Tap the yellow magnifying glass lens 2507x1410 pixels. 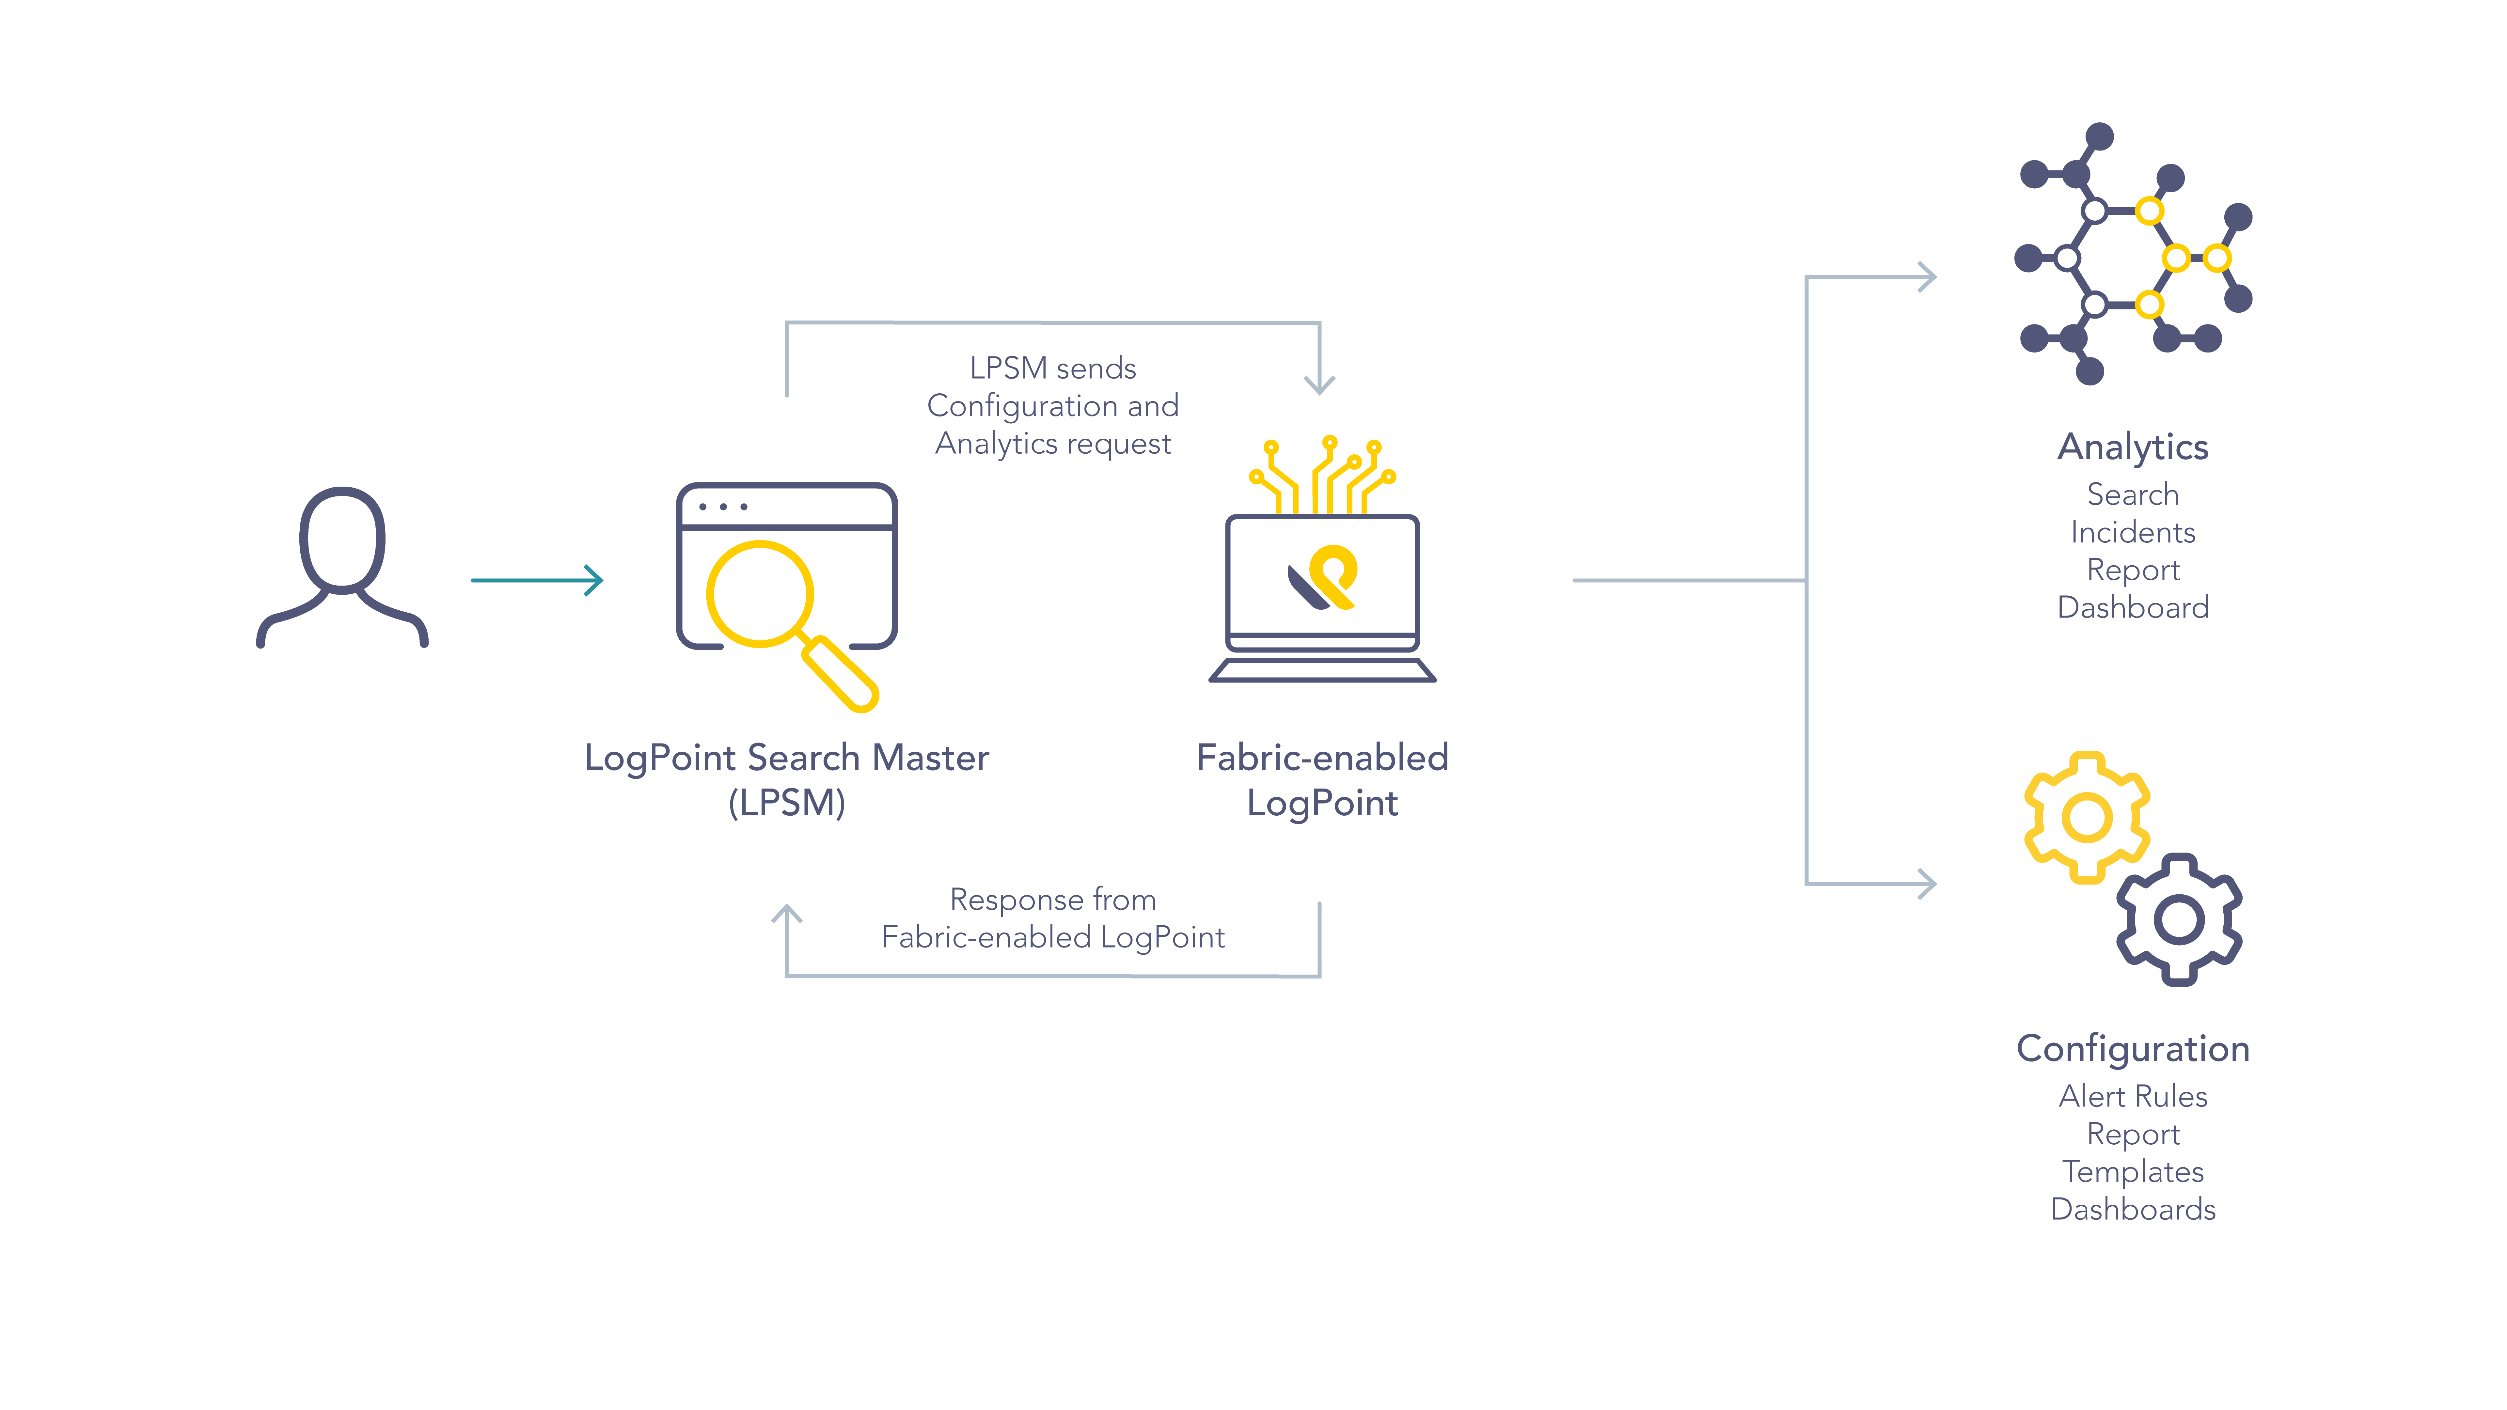click(x=759, y=594)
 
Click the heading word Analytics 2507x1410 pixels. click(x=2132, y=446)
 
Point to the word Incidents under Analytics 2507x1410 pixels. click(x=2132, y=532)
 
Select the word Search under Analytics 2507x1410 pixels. click(x=2132, y=494)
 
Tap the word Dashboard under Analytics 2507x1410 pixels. click(x=2132, y=607)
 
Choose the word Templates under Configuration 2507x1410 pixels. click(x=2132, y=1172)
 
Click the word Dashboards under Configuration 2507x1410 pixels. click(x=2132, y=1210)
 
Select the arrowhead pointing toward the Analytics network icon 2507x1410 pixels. click(x=1927, y=277)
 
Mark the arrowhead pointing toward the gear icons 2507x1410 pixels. click(x=1927, y=884)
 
